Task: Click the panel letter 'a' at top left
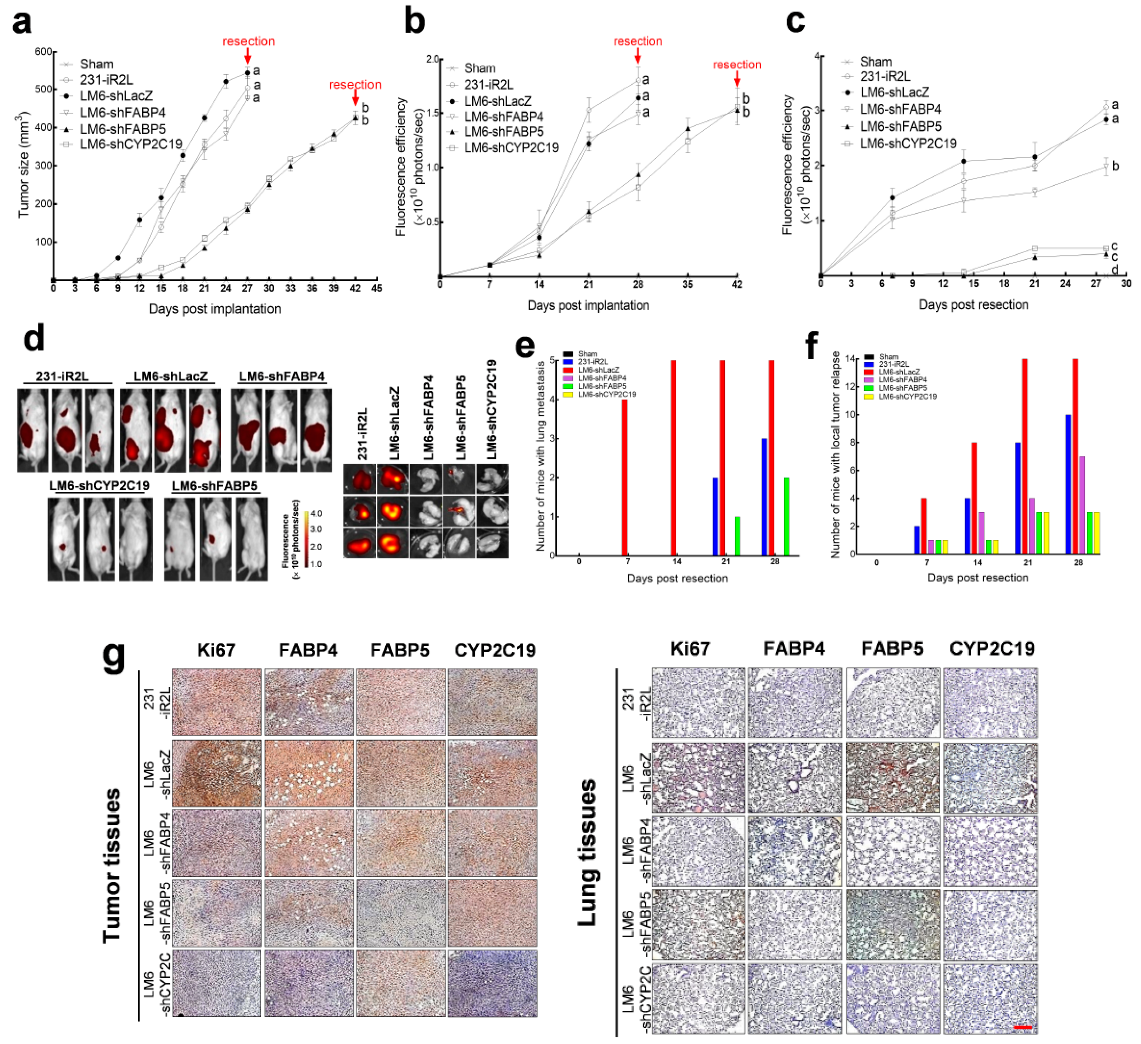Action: tap(22, 23)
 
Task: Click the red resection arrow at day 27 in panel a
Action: tap(247, 56)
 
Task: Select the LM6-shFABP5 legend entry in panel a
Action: tap(122, 129)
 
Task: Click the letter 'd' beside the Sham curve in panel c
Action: tap(1115, 270)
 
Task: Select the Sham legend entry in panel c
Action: tap(876, 62)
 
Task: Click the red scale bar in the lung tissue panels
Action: tap(1023, 1027)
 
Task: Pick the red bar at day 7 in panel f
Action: tap(924, 526)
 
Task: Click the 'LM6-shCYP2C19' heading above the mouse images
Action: tap(99, 486)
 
